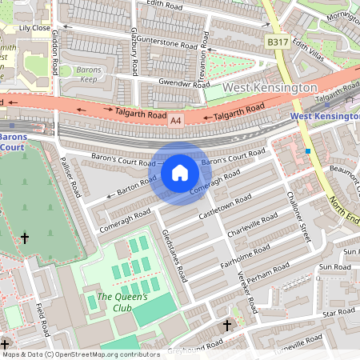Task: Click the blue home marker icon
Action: click(x=180, y=173)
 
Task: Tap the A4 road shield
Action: click(x=176, y=120)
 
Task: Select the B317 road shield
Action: click(x=278, y=42)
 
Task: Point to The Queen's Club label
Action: click(x=122, y=302)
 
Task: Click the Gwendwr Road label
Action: click(x=183, y=82)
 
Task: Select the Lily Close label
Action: click(x=34, y=28)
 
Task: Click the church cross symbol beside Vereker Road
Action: click(x=226, y=326)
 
